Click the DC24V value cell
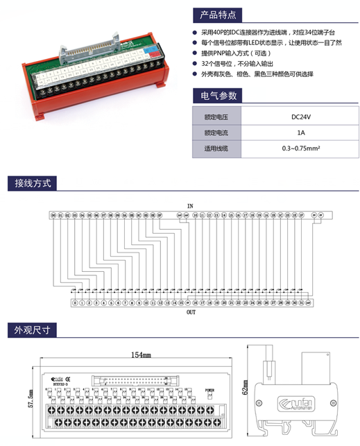(x=300, y=117)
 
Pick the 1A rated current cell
(x=300, y=132)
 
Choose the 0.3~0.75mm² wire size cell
(x=300, y=148)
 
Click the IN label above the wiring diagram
(x=190, y=205)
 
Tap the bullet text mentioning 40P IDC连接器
(x=267, y=33)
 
